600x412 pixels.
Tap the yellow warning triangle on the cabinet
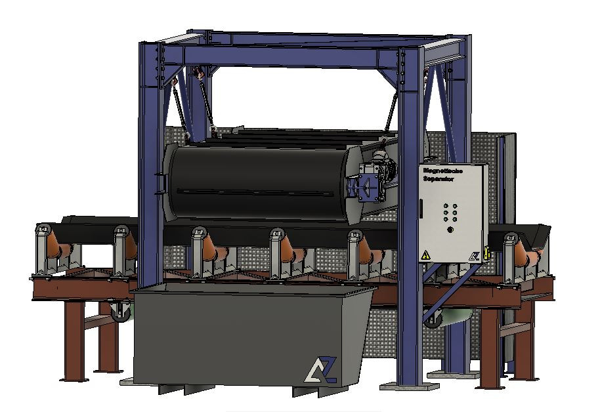pyautogui.click(x=425, y=255)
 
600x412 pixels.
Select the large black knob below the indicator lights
pyautogui.click(x=450, y=229)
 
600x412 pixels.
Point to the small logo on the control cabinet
pyautogui.click(x=473, y=256)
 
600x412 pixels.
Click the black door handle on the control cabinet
pyautogui.click(x=418, y=211)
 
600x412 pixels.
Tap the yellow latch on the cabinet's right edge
pyautogui.click(x=486, y=251)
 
